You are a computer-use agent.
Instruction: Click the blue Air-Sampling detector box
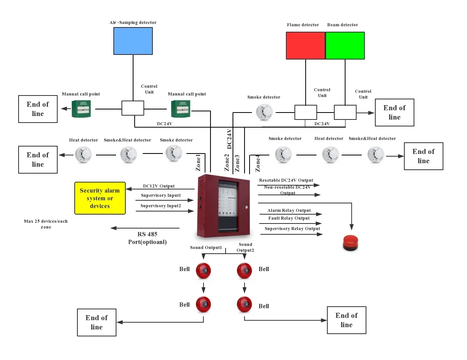133,41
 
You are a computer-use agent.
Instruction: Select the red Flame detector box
305,46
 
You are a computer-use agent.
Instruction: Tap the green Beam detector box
345,46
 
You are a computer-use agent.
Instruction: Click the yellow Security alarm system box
100,198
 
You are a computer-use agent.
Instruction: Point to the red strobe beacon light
351,243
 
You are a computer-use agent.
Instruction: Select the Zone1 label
198,163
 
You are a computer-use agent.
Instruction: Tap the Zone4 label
258,163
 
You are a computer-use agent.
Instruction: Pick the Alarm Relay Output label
289,210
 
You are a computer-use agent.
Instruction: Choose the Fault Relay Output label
289,218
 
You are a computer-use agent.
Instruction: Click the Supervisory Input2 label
161,206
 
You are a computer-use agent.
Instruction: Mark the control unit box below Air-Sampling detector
133,108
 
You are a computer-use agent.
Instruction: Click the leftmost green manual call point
81,109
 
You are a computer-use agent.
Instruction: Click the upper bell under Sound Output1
203,270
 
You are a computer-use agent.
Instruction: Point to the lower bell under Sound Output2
245,304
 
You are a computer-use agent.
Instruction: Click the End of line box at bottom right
346,320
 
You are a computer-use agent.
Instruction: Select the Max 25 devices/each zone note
46,224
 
